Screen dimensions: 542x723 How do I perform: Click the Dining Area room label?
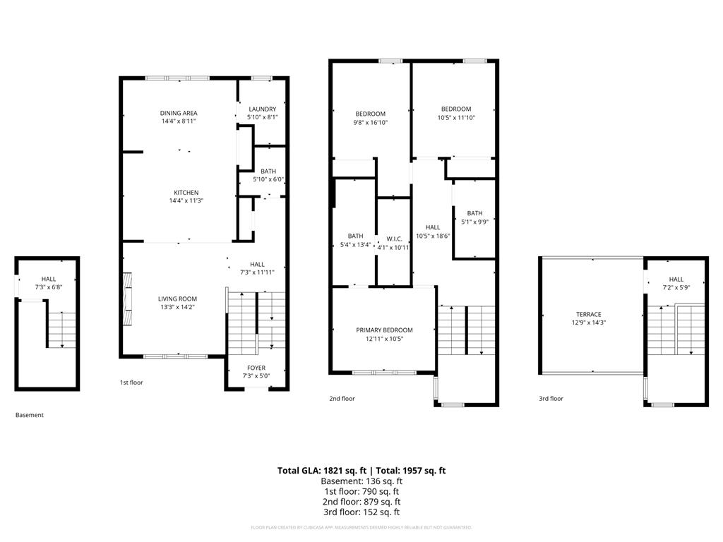[x=179, y=113]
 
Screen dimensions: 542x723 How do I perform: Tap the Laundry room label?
[x=263, y=109]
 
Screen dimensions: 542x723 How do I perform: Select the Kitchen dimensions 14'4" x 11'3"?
[x=186, y=201]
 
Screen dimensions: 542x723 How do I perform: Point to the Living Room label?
[x=177, y=299]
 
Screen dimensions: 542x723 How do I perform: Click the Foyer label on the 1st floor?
[x=256, y=368]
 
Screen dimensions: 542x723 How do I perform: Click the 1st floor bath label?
[x=268, y=171]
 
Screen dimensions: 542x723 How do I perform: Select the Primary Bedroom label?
[x=384, y=330]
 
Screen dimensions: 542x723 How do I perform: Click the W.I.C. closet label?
[x=394, y=239]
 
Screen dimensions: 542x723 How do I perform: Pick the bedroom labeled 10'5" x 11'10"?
[x=456, y=109]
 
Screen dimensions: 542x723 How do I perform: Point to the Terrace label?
[x=589, y=315]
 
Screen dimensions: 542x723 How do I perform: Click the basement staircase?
[x=61, y=329]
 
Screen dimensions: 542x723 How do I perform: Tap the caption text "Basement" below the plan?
[x=30, y=415]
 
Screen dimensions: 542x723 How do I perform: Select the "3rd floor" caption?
[x=551, y=399]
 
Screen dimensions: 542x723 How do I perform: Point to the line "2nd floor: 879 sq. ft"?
[x=361, y=502]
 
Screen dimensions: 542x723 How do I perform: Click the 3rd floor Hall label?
[x=676, y=279]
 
